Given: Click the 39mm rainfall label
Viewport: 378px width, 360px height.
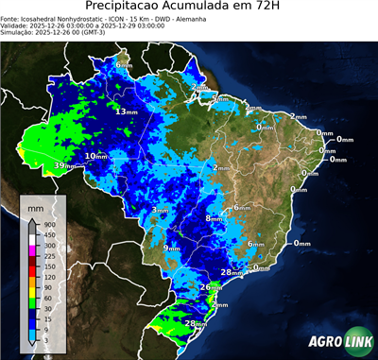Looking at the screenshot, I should coord(63,165).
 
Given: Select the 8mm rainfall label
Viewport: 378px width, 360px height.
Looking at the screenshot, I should coord(214,218).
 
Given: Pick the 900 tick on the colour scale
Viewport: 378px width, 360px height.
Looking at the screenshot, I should coord(46,224).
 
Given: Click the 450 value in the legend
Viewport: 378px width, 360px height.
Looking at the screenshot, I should coord(46,234).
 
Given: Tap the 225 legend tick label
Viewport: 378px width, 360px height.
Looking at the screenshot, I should coord(46,256).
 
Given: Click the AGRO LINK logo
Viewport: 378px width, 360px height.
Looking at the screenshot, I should coord(335,341).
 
